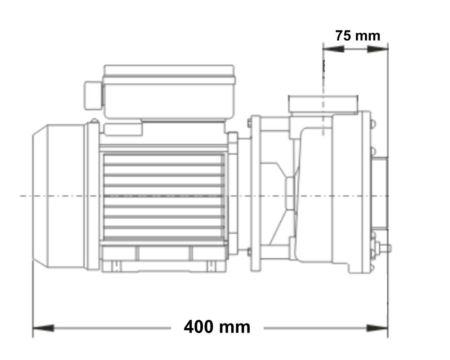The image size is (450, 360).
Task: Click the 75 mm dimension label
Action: click(357, 36)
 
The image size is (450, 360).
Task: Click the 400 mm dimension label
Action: click(217, 327)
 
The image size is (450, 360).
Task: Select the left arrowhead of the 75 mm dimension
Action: click(333, 49)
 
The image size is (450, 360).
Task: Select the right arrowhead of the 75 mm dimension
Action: click(378, 49)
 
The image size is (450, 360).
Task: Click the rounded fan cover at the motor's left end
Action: click(58, 196)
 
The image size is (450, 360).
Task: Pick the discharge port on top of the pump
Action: click(323, 103)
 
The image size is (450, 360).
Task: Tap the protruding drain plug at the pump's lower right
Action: click(385, 247)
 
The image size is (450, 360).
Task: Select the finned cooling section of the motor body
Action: click(164, 196)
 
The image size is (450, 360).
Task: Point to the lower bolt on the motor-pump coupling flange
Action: click(249, 252)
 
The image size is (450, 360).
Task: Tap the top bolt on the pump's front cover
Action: click(373, 122)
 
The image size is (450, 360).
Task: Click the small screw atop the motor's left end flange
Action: click(94, 121)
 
